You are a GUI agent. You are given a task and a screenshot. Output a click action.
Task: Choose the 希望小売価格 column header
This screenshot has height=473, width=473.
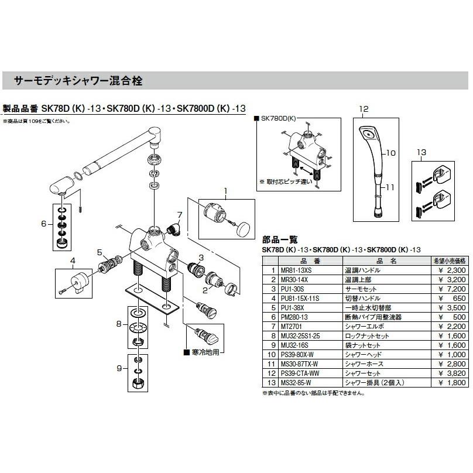coord(448,261)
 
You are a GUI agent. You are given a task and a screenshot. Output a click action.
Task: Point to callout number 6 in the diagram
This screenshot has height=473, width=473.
coord(43,223)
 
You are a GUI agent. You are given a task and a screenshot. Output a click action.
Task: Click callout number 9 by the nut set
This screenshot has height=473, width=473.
coord(119,369)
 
